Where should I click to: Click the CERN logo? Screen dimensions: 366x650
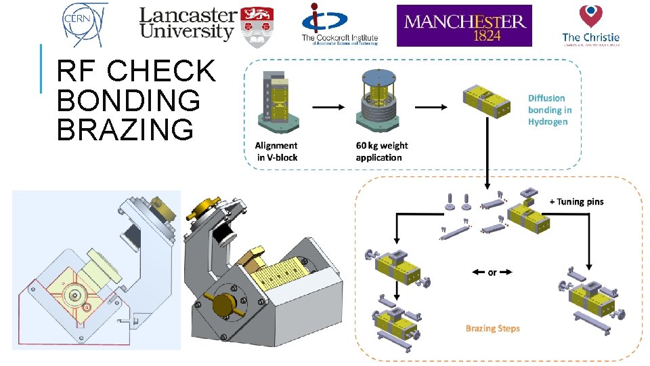[85, 24]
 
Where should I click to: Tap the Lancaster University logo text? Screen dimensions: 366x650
[187, 24]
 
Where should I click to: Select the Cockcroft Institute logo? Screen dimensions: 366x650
[339, 24]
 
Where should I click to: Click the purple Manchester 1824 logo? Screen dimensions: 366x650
[464, 26]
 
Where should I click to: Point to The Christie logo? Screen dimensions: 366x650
[590, 25]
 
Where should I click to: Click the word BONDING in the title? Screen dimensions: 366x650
[129, 100]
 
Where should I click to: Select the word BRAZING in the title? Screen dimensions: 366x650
[125, 129]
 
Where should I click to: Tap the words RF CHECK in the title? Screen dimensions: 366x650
[136, 71]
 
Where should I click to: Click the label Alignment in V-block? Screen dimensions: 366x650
[276, 151]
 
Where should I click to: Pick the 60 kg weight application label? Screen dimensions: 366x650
[381, 151]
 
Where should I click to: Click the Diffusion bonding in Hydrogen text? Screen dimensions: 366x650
[549, 110]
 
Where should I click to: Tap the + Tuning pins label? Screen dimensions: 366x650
[576, 201]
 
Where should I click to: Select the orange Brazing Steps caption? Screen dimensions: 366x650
[492, 329]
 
